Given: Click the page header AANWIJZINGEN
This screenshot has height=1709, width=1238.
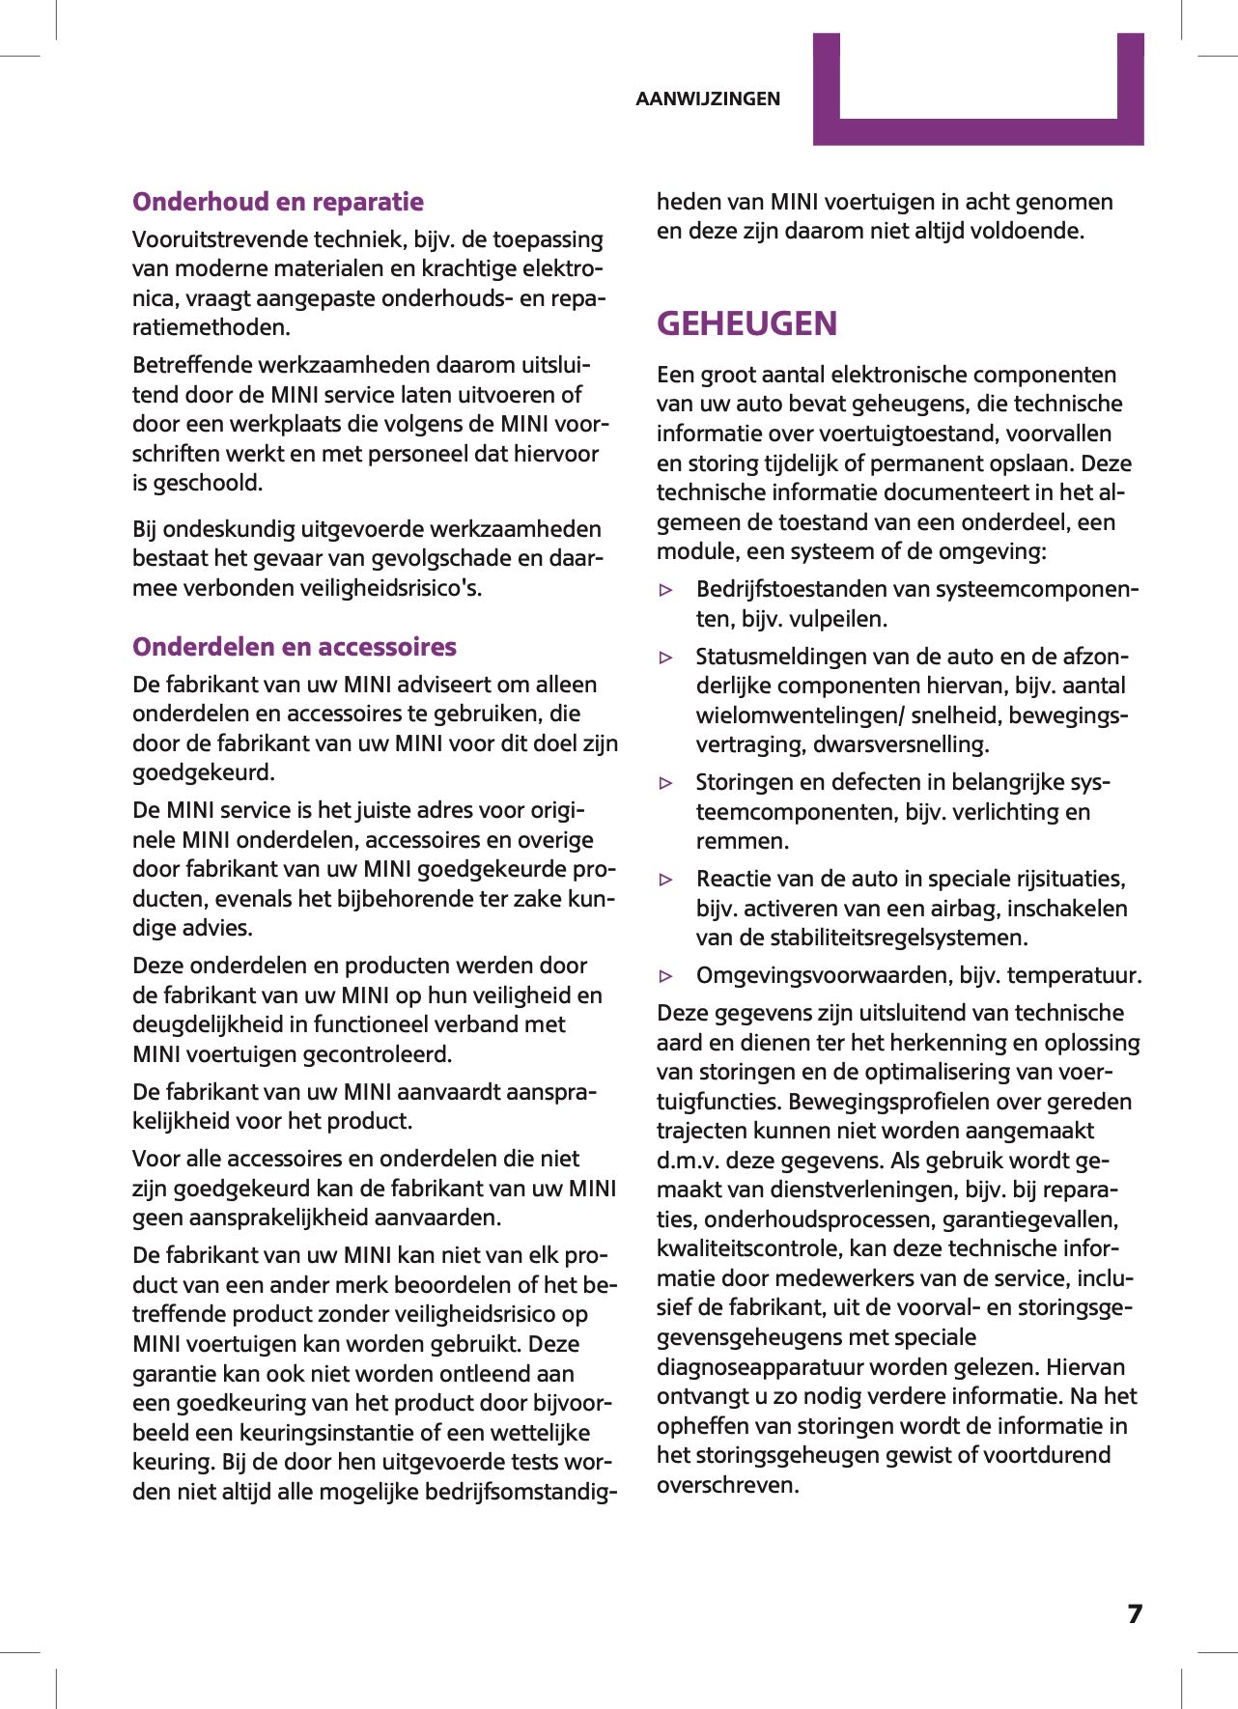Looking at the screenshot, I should (708, 98).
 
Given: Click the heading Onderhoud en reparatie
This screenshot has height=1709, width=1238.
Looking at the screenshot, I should (278, 202).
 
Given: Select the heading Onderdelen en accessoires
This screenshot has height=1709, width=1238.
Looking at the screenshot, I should (295, 647).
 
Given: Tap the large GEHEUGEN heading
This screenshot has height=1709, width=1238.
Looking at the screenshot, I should (746, 323).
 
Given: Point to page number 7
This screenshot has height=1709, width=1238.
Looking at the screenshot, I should (1135, 1614).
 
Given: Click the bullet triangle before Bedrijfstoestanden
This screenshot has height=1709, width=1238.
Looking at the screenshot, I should (665, 590).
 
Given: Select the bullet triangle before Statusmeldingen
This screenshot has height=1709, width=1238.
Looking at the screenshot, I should (665, 658).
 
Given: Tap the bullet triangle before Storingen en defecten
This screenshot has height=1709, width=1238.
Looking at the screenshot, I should (665, 783).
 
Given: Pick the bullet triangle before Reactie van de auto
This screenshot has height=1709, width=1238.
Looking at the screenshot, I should (665, 880).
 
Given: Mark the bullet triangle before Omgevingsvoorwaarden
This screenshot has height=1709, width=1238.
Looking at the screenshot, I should (665, 976).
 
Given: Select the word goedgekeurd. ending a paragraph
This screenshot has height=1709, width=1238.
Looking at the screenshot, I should (204, 772).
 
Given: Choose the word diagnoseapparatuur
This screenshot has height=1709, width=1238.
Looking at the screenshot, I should (764, 1367).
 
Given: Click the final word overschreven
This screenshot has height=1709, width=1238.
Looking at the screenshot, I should (728, 1485).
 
